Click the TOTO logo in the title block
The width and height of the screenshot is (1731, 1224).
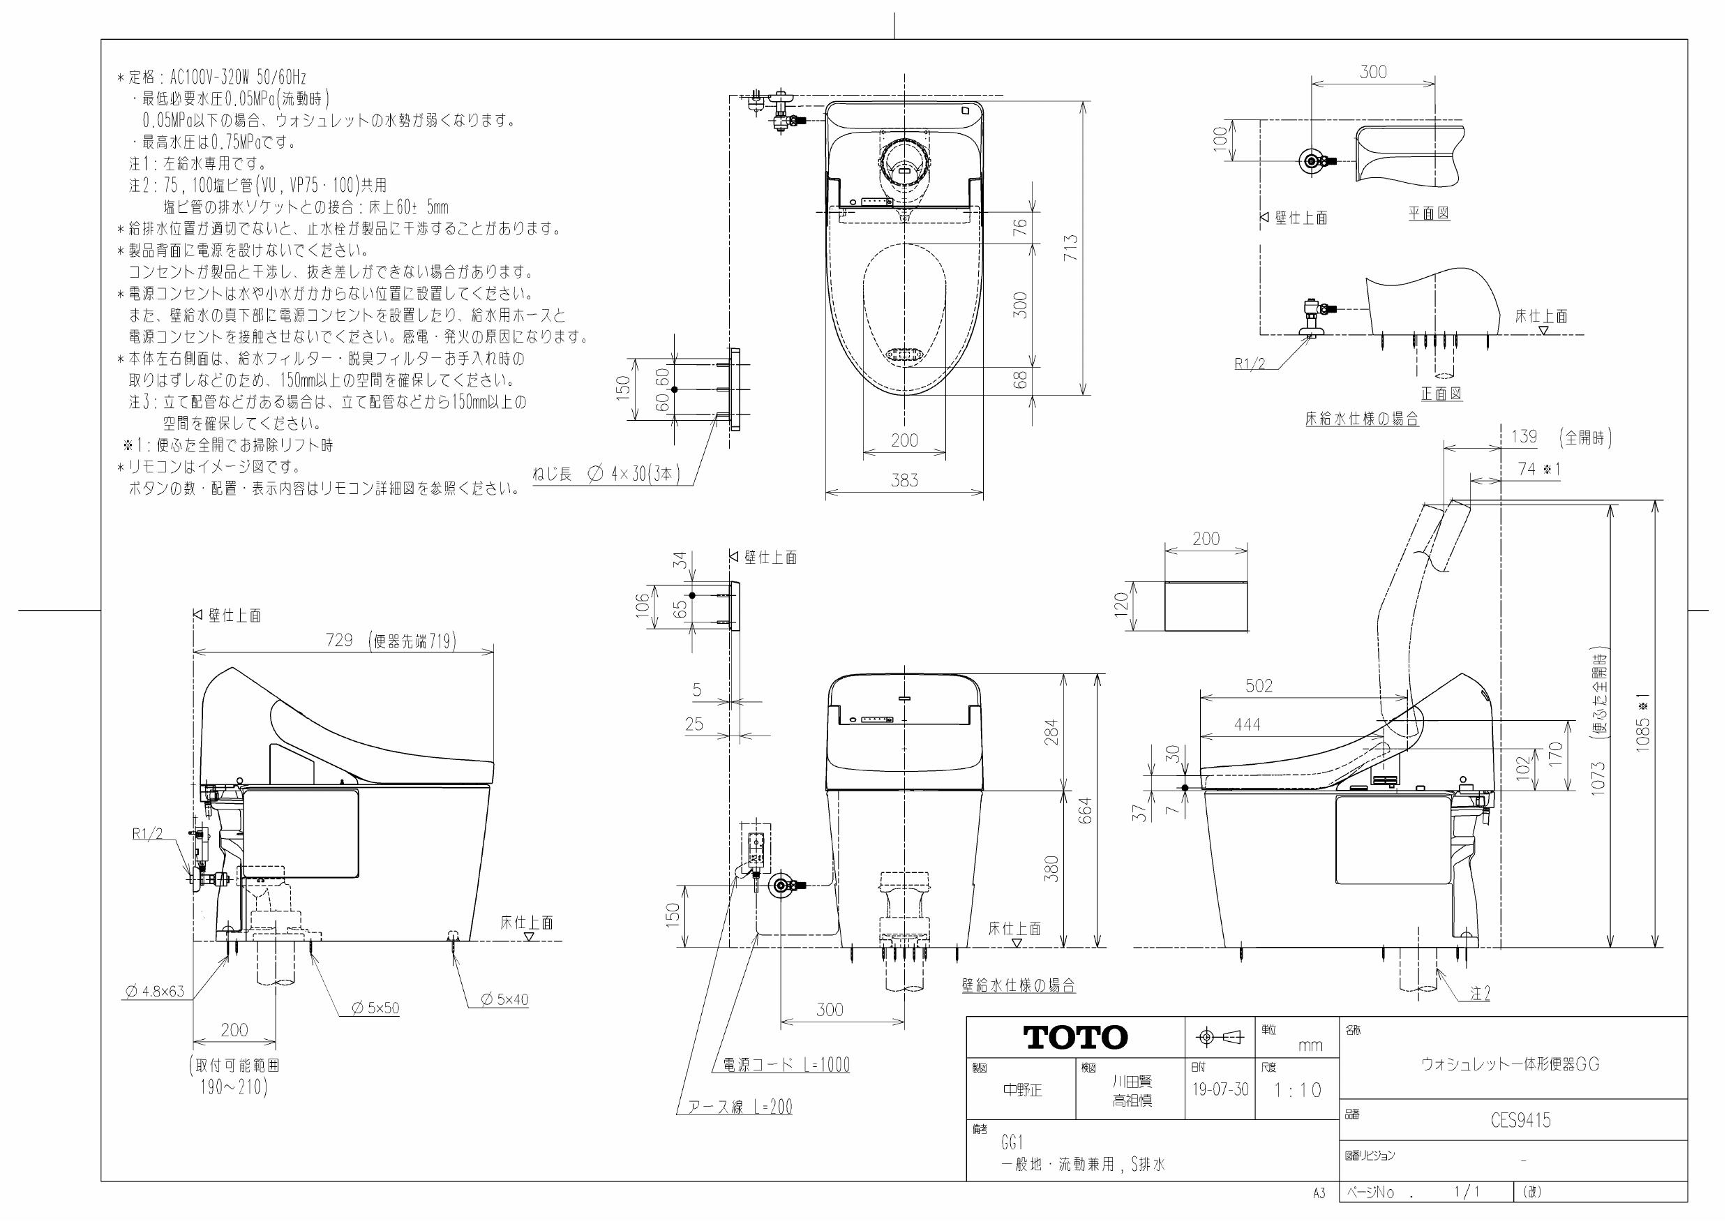[1075, 1038]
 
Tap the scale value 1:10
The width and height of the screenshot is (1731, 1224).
[1298, 1090]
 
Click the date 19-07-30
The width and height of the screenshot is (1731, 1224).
[1220, 1090]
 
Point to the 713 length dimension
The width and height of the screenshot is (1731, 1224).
[1070, 248]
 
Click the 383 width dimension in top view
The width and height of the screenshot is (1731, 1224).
[904, 480]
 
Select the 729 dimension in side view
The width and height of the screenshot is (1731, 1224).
[339, 641]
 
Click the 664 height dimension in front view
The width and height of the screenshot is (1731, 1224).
[1085, 809]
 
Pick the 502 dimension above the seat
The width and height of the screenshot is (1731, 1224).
[1259, 685]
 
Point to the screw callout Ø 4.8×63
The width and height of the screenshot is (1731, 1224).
[153, 991]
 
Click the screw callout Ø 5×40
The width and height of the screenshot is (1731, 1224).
[505, 1000]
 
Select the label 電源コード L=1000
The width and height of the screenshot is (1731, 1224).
[786, 1065]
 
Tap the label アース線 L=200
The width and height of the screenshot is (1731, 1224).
[740, 1107]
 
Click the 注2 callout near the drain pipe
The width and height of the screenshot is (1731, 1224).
[1479, 994]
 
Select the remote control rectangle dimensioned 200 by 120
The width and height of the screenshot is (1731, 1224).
[1206, 606]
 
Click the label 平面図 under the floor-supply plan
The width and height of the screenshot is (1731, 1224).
[1429, 214]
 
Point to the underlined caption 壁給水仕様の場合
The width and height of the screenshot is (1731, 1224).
[1018, 985]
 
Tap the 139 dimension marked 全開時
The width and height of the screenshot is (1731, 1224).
[1524, 437]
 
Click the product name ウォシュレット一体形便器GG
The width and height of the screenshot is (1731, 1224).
[1509, 1064]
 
